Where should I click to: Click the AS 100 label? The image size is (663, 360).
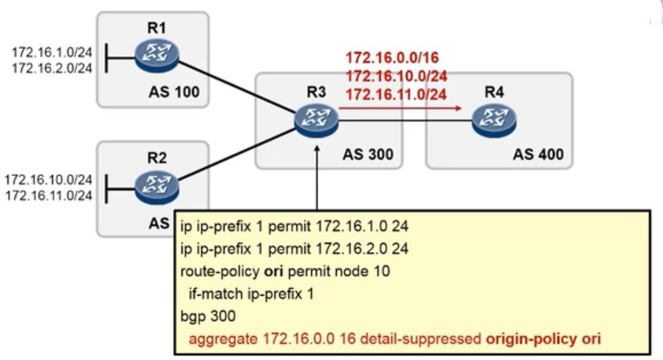tap(174, 92)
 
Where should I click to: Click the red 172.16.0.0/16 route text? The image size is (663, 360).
tap(388, 58)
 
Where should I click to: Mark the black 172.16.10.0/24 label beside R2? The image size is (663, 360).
tap(48, 180)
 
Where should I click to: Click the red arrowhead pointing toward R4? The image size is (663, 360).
tap(458, 107)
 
